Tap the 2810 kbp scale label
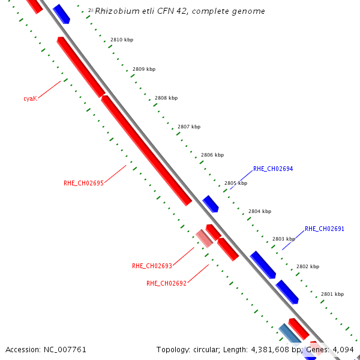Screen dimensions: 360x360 pyautogui.click(x=122, y=40)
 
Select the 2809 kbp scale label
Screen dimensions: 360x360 pyautogui.click(x=144, y=69)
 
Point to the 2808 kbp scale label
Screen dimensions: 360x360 pyautogui.click(x=166, y=98)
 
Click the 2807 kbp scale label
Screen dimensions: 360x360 pyautogui.click(x=189, y=127)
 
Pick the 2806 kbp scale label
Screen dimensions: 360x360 pyautogui.click(x=212, y=155)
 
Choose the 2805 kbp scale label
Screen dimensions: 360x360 pyautogui.click(x=236, y=183)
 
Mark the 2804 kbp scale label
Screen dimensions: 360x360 pyautogui.click(x=260, y=211)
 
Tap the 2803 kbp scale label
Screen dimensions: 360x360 pyautogui.click(x=284, y=239)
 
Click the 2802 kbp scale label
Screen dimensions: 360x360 pyautogui.click(x=308, y=266)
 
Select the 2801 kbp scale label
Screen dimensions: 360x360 pyautogui.click(x=332, y=294)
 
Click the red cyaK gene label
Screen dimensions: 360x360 pyautogui.click(x=31, y=98)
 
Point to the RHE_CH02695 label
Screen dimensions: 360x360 pyautogui.click(x=84, y=183)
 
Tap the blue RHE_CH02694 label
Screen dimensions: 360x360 pyautogui.click(x=273, y=169)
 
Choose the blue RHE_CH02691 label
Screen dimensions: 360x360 pyautogui.click(x=325, y=229)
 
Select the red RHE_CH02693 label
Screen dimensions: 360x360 pyautogui.click(x=152, y=266)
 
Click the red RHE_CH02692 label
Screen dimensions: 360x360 pyautogui.click(x=167, y=283)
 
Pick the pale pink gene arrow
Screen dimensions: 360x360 pyautogui.click(x=205, y=238)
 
